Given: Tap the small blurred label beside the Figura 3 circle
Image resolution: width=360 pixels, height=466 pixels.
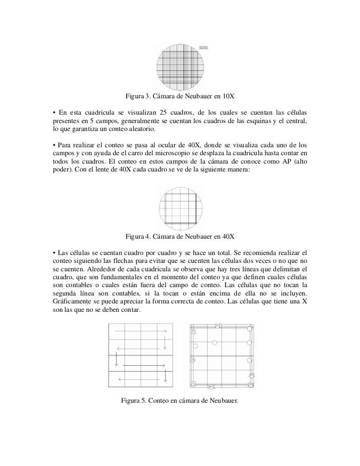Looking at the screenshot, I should point(203,47).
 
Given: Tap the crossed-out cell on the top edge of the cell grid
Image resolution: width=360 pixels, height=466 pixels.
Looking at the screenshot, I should point(218,325).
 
